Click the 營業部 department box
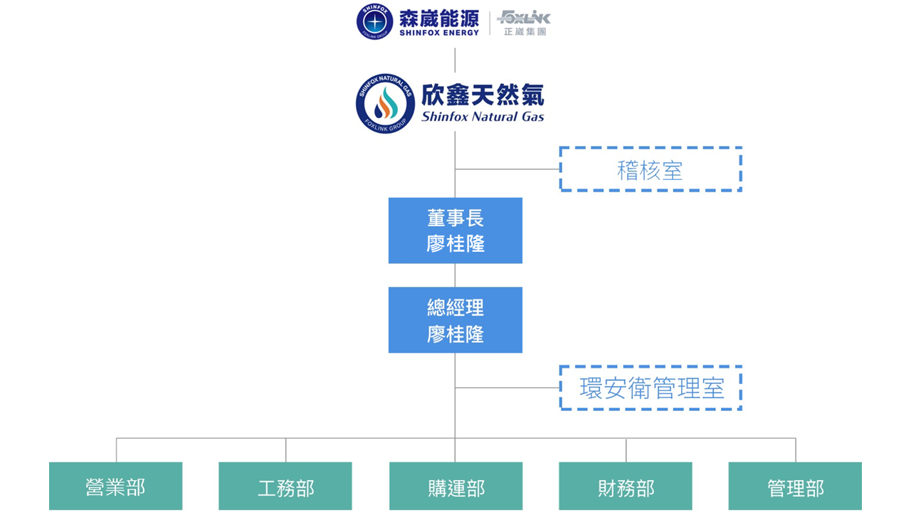pyautogui.click(x=115, y=486)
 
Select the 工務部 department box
pyautogui.click(x=285, y=486)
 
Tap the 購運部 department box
pyautogui.click(x=455, y=486)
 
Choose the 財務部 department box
pyautogui.click(x=626, y=486)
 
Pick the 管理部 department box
pyautogui.click(x=795, y=486)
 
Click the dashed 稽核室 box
pyautogui.click(x=651, y=169)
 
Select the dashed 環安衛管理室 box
pyautogui.click(x=651, y=388)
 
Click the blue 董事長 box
pyautogui.click(x=455, y=230)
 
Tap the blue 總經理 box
pyautogui.click(x=455, y=320)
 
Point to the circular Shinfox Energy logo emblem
pyautogui.click(x=374, y=22)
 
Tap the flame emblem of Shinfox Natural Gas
pyautogui.click(x=385, y=105)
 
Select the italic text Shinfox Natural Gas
pyautogui.click(x=483, y=117)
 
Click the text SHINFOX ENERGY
pyautogui.click(x=439, y=33)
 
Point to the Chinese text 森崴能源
pyautogui.click(x=439, y=18)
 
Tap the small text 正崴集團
pyautogui.click(x=525, y=32)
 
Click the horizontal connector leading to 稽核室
pyautogui.click(x=507, y=169)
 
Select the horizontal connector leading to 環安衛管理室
pyautogui.click(x=507, y=388)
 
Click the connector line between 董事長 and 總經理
pyautogui.click(x=455, y=275)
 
